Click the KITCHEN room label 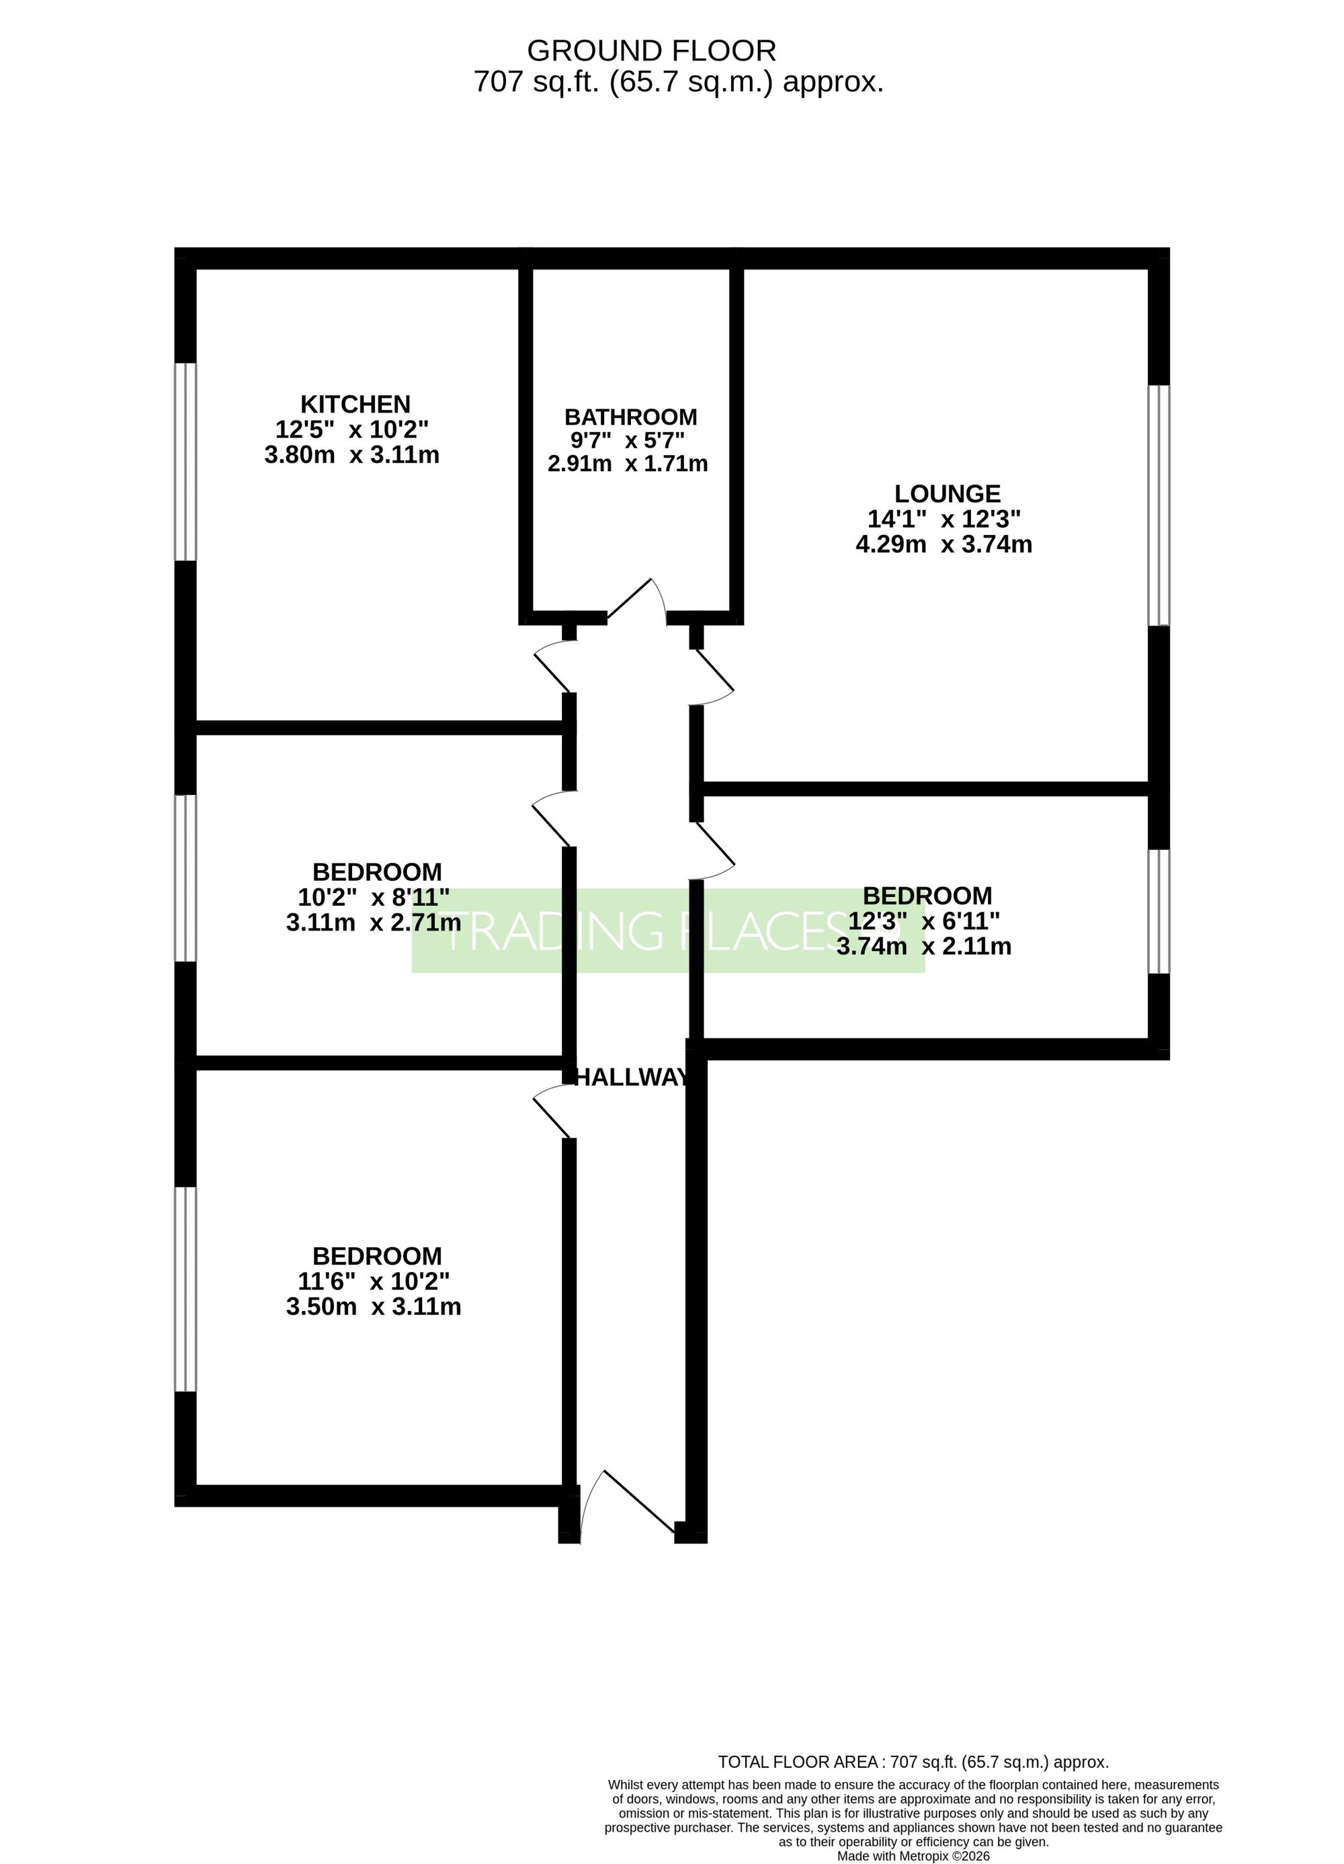tap(355, 405)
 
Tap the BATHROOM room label tap(630, 417)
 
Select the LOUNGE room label tap(947, 494)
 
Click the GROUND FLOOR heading tap(651, 51)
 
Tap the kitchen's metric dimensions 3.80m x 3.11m tap(352, 454)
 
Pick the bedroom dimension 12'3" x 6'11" tap(925, 921)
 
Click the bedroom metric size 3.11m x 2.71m tap(373, 922)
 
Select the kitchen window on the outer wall tap(185, 462)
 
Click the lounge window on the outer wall tap(1159, 505)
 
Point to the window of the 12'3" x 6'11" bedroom tap(1159, 911)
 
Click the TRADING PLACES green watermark tap(667, 931)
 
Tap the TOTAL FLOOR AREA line tap(913, 1761)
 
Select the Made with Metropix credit tap(913, 1856)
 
